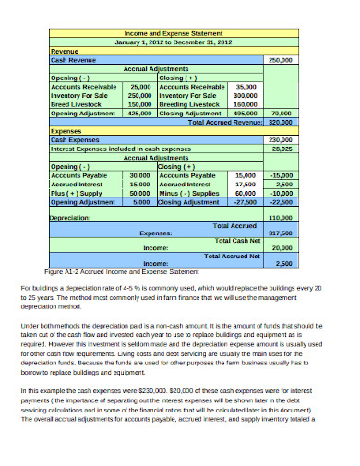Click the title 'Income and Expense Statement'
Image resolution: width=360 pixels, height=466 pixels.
click(x=173, y=33)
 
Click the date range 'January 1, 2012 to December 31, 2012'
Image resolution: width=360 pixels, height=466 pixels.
click(x=173, y=42)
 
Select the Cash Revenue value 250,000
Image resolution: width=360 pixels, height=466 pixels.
click(x=280, y=59)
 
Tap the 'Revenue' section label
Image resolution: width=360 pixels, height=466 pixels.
click(x=65, y=51)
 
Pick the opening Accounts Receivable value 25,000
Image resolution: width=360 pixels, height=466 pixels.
click(x=139, y=85)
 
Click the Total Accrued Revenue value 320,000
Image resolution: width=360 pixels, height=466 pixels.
click(x=280, y=121)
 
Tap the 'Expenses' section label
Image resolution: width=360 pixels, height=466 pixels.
click(x=66, y=131)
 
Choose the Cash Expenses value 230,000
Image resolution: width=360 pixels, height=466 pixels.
click(x=280, y=138)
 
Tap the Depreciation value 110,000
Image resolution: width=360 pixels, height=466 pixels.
click(x=280, y=217)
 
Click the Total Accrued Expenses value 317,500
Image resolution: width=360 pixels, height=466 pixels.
click(x=280, y=233)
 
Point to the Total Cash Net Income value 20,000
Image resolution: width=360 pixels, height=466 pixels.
click(x=282, y=248)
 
